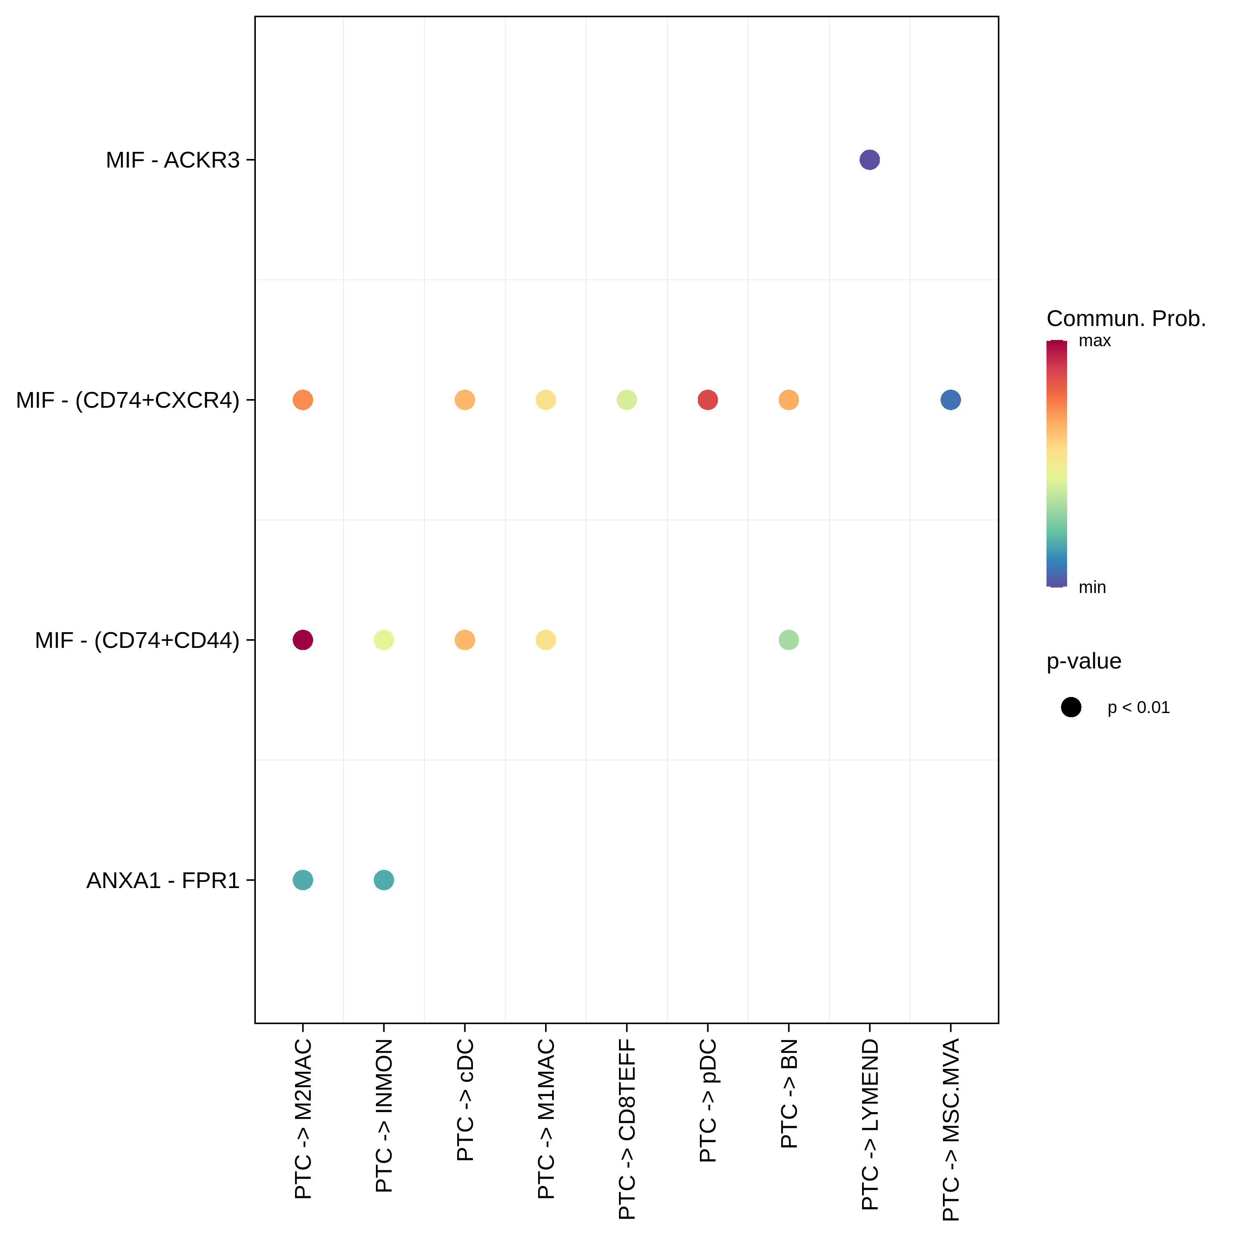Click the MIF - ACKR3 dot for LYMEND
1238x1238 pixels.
pos(869,160)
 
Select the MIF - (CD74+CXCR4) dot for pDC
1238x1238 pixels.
pos(707,400)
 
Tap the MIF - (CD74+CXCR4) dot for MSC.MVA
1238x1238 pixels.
pos(950,400)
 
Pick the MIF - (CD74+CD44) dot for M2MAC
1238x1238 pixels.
pos(302,640)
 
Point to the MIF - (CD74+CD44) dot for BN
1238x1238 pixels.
pos(788,640)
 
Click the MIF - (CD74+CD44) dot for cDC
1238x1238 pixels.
pos(465,640)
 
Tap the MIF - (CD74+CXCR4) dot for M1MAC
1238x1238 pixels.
pos(545,400)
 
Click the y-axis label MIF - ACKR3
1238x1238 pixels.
pos(172,160)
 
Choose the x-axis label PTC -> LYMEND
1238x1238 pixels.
pos(869,1124)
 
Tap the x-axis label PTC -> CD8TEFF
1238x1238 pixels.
pos(627,1128)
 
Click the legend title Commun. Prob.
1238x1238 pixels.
pos(1126,319)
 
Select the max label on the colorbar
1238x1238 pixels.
pos(1094,341)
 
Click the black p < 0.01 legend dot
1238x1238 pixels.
pos(1071,707)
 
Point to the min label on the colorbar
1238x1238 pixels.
pos(1092,587)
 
